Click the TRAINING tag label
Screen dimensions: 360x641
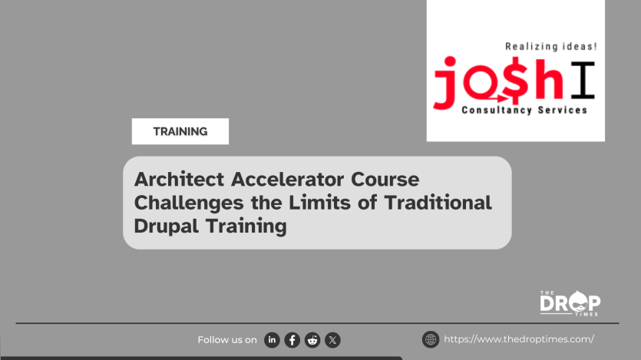click(x=180, y=131)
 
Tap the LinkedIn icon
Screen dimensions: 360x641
click(x=272, y=340)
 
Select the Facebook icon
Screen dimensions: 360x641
click(x=292, y=340)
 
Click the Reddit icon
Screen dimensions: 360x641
click(x=312, y=340)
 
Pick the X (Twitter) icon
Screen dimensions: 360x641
click(x=332, y=340)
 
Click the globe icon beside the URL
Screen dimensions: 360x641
click(x=431, y=339)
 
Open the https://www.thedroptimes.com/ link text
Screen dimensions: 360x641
click(x=519, y=339)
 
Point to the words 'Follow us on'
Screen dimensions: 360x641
click(x=227, y=340)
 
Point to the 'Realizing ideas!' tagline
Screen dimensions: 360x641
click(x=550, y=47)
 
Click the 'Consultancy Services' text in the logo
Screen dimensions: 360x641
click(x=524, y=111)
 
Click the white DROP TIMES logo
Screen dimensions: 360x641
click(x=570, y=302)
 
